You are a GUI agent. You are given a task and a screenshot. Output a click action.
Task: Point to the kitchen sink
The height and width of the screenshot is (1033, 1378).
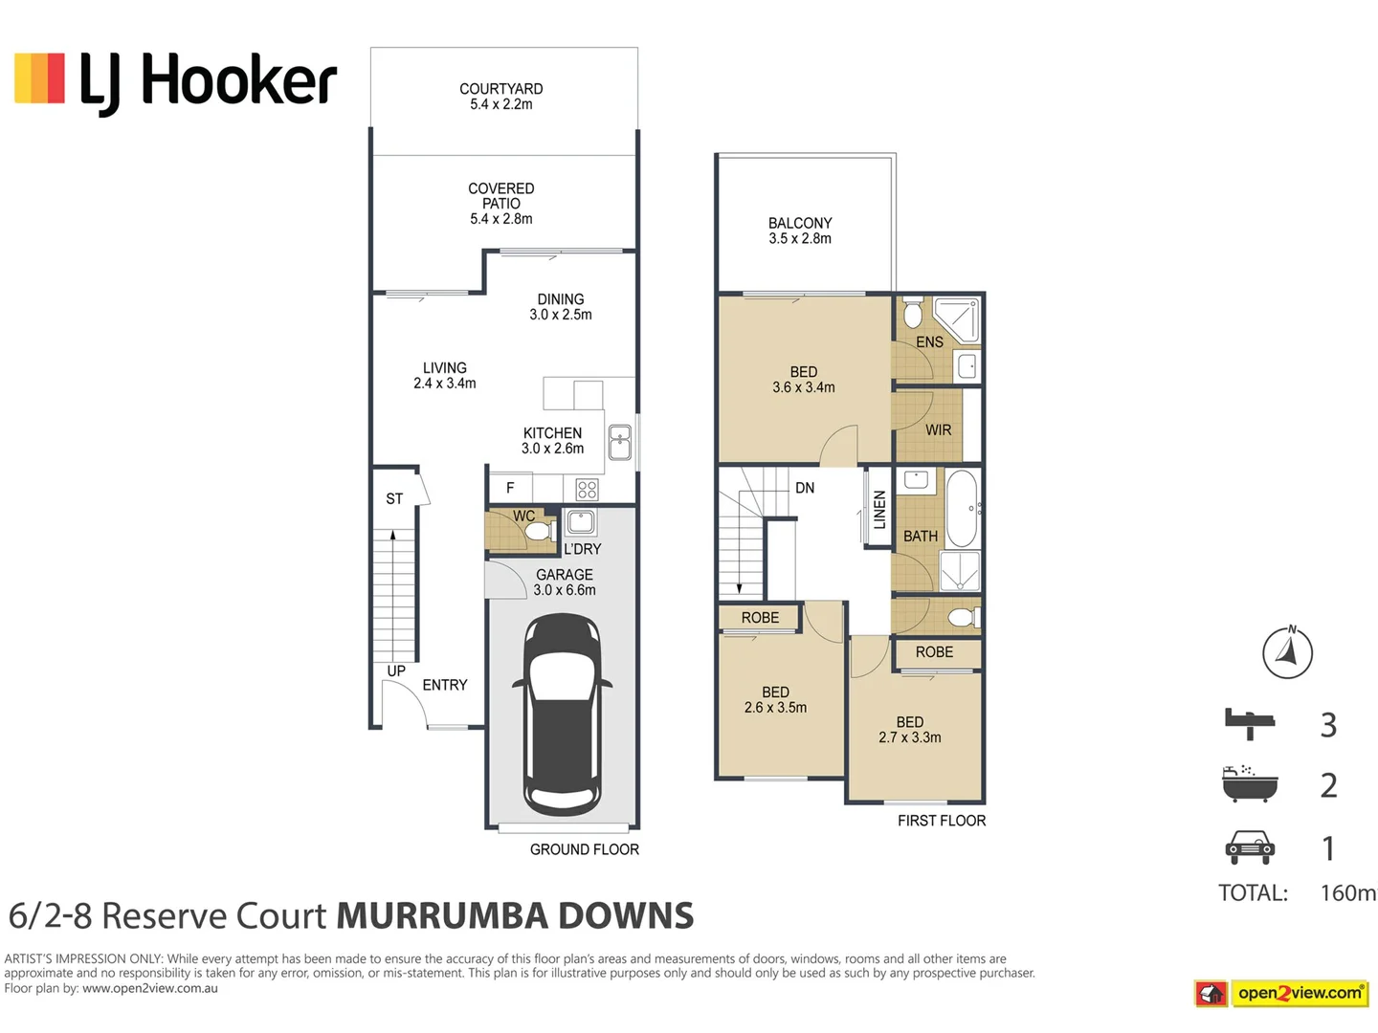pyautogui.click(x=619, y=443)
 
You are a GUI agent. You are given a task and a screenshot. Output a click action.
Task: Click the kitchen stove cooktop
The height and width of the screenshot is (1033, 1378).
pyautogui.click(x=587, y=490)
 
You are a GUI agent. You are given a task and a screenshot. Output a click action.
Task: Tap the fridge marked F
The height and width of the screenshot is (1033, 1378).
pyautogui.click(x=510, y=488)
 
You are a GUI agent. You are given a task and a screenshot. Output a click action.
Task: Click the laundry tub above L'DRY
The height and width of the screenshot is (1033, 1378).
pyautogui.click(x=581, y=522)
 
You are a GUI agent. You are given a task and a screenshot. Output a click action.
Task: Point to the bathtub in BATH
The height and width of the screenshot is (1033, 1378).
pyautogui.click(x=962, y=507)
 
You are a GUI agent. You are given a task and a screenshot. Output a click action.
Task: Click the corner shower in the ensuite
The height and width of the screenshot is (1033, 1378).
pyautogui.click(x=957, y=319)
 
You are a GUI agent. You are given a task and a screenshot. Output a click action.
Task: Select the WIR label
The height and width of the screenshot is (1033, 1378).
pyautogui.click(x=938, y=430)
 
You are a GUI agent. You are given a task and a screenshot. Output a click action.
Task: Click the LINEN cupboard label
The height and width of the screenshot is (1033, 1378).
pyautogui.click(x=879, y=510)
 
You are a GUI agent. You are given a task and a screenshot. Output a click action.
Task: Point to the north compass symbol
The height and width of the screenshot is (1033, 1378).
pyautogui.click(x=1287, y=653)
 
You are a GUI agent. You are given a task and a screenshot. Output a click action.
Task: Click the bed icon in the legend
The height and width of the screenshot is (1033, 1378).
pyautogui.click(x=1250, y=723)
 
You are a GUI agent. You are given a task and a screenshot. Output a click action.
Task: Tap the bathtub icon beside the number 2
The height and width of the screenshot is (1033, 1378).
pyautogui.click(x=1250, y=783)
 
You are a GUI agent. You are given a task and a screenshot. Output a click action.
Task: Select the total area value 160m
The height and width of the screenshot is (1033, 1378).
pyautogui.click(x=1347, y=893)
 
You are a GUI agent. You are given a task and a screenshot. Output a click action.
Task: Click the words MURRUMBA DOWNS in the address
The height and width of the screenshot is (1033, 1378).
pyautogui.click(x=515, y=916)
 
